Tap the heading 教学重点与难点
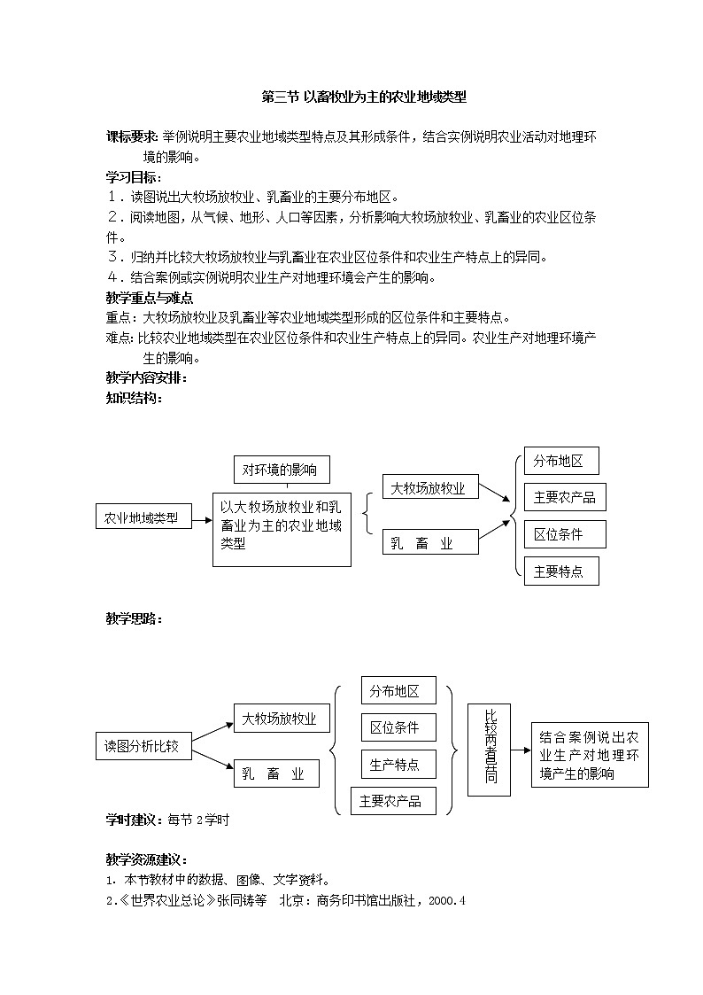pyautogui.click(x=150, y=298)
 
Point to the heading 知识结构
pyautogui.click(x=134, y=399)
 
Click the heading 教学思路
pyautogui.click(x=134, y=618)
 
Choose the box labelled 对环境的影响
pyautogui.click(x=286, y=469)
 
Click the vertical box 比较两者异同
pyautogui.click(x=491, y=750)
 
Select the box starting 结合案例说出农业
pyautogui.click(x=590, y=755)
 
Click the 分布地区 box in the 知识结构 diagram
pyautogui.click(x=561, y=461)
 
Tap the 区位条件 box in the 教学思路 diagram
pyautogui.click(x=398, y=727)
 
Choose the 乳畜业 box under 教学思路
pyautogui.click(x=274, y=774)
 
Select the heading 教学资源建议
pyautogui.click(x=146, y=859)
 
